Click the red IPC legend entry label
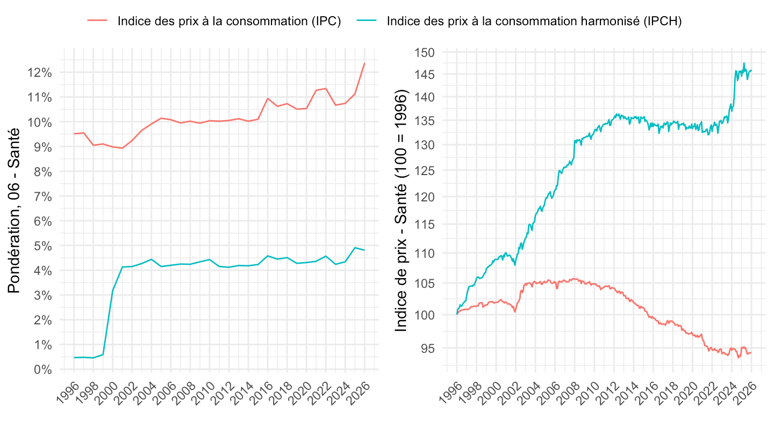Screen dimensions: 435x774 (229, 21)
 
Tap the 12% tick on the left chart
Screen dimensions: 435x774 (41, 73)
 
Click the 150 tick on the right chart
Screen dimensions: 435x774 (425, 52)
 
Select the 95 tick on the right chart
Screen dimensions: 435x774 (428, 348)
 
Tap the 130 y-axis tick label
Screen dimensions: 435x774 (425, 145)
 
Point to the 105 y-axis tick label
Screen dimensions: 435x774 (425, 284)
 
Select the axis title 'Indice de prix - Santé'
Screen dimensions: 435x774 (402, 209)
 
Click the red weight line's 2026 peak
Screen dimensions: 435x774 (364, 63)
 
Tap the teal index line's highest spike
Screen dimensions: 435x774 (744, 63)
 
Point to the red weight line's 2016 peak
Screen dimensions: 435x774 (268, 98)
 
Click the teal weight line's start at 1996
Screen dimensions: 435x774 (74, 358)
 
